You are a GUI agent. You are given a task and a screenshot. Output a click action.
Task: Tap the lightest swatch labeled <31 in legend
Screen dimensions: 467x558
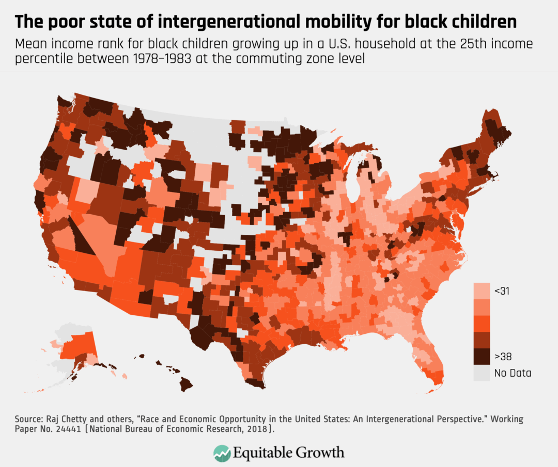point(482,291)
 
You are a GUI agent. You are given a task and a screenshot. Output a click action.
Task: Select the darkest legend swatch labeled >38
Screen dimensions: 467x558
point(482,356)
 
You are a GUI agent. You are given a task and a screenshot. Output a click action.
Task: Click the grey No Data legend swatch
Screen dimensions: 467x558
point(482,373)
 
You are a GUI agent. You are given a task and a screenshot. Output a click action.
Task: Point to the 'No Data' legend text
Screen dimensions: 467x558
point(513,373)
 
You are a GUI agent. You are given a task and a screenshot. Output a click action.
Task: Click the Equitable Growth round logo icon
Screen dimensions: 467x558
point(222,453)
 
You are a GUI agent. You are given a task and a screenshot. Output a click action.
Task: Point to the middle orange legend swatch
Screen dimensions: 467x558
point(482,324)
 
